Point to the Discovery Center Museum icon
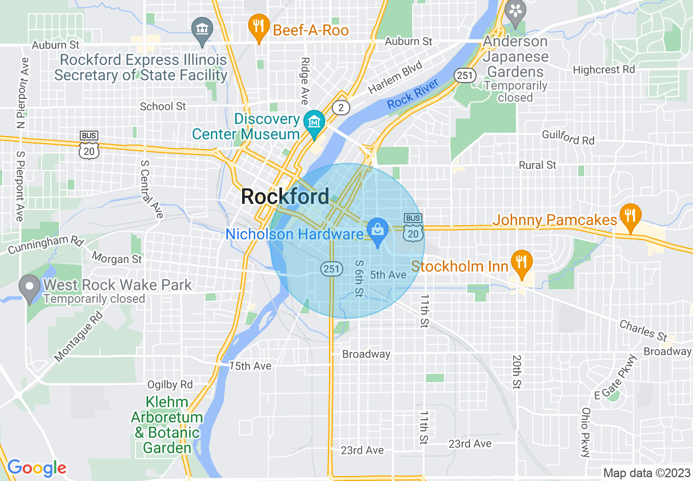pos(314,121)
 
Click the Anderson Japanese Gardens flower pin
pos(515,10)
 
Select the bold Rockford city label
pos(285,197)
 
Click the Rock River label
pos(413,95)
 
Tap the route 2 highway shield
pos(341,108)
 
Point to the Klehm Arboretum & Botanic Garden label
pos(167,425)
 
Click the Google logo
pos(37,468)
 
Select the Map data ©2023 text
pos(645,473)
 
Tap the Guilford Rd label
pos(568,137)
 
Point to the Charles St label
pos(643,330)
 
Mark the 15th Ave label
pos(250,366)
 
